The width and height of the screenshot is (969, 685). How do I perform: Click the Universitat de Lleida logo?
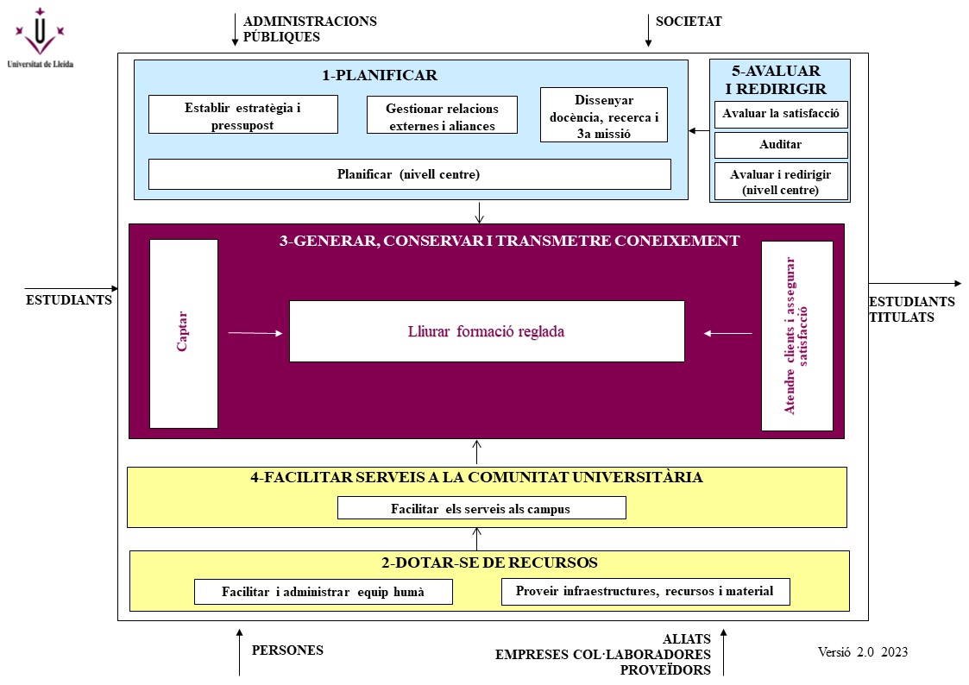[39, 39]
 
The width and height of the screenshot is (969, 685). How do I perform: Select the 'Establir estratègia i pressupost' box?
[243, 115]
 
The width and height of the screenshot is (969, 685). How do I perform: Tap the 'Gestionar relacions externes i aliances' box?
[442, 116]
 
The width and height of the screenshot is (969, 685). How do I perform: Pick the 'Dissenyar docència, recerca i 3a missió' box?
[604, 115]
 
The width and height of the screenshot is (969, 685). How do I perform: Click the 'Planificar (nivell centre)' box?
[409, 174]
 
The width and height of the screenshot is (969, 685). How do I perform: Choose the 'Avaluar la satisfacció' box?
[781, 114]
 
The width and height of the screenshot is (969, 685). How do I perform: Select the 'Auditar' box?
[781, 145]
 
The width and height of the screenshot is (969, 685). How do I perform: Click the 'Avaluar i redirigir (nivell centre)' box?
[781, 182]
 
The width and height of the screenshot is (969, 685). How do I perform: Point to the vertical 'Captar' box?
[184, 334]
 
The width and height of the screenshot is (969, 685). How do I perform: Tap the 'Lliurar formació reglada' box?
[487, 331]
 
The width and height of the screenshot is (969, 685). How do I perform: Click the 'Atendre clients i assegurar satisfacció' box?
[796, 336]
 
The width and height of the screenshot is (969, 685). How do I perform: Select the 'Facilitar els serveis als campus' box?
[481, 508]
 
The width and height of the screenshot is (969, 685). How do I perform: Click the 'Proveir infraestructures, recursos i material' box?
[645, 592]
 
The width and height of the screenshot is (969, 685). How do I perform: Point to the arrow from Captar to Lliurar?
[255, 332]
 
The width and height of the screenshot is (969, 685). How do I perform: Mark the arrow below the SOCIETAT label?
[648, 32]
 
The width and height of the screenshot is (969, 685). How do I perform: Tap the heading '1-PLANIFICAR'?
[380, 75]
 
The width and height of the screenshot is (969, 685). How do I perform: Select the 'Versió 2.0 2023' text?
[863, 652]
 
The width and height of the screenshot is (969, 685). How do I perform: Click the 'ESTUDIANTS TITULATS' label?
[911, 310]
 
